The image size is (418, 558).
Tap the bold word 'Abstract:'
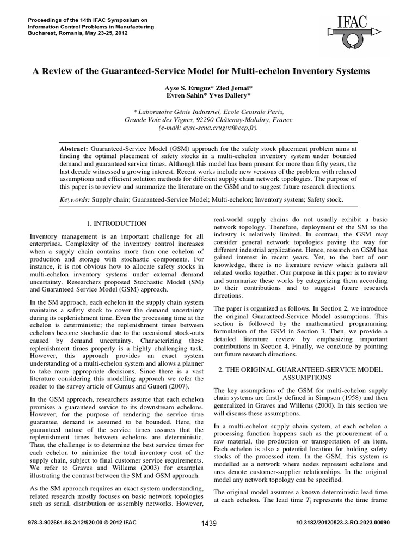(x=74, y=148)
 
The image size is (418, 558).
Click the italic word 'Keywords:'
(x=75, y=200)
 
